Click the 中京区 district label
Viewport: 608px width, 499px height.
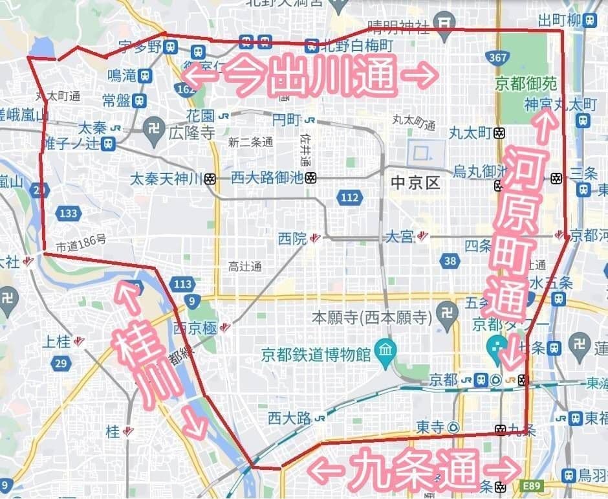coord(415,183)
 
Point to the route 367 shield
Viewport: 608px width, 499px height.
coord(498,58)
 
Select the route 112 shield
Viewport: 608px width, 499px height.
coord(350,197)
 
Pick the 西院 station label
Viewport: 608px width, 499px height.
coord(291,238)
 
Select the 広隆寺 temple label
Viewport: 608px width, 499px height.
coord(191,133)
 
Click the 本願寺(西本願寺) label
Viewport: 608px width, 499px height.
coord(371,318)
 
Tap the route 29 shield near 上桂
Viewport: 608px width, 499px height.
coord(61,363)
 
